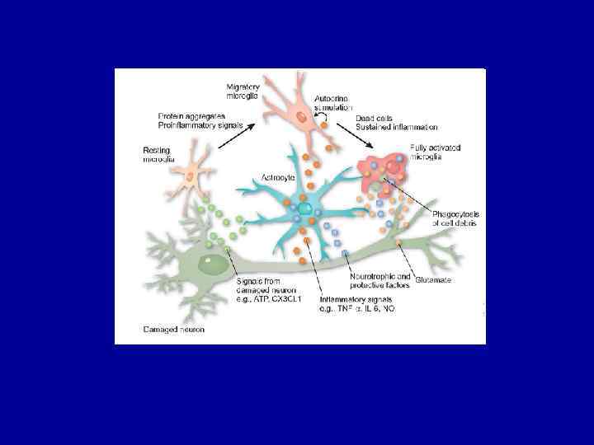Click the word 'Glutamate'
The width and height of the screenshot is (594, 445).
click(x=434, y=279)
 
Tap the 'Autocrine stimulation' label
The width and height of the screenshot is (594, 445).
click(x=332, y=103)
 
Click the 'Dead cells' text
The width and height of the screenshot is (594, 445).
click(x=375, y=118)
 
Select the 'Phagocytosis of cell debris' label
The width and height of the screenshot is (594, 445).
click(x=456, y=218)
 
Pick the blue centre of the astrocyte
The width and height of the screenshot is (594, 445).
click(x=304, y=209)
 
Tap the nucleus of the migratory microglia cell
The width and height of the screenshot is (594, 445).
click(x=302, y=118)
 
